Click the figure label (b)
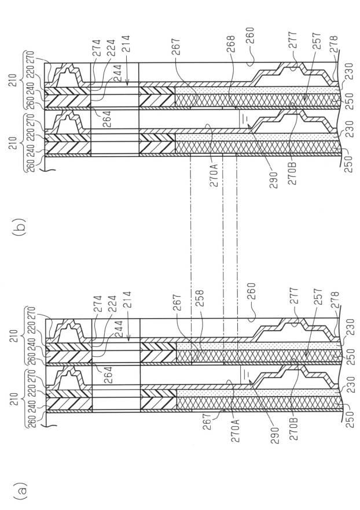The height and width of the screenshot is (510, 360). pyautogui.click(x=19, y=227)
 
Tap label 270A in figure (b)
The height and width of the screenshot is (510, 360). pyautogui.click(x=215, y=175)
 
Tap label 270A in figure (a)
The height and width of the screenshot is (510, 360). pyautogui.click(x=235, y=430)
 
